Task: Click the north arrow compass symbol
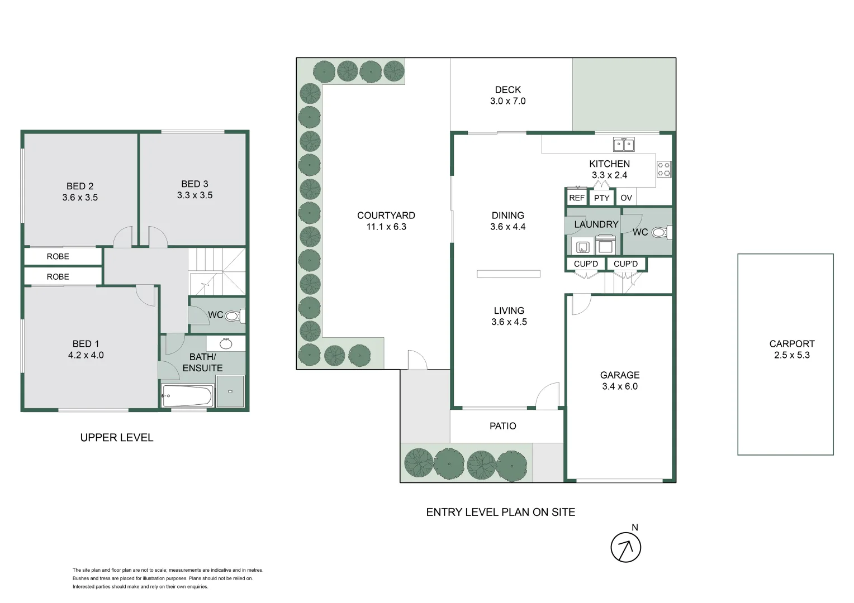click(625, 547)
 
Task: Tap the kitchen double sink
click(624, 145)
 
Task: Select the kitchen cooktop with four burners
click(664, 169)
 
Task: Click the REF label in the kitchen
click(576, 198)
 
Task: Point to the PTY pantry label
click(601, 198)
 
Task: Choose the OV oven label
click(626, 198)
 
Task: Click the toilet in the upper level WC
click(235, 316)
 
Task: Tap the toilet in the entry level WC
click(662, 232)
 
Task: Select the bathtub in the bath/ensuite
click(187, 396)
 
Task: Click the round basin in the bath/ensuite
click(226, 344)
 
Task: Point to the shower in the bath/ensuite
click(230, 391)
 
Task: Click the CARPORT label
click(792, 343)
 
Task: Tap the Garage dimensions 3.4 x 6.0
click(620, 386)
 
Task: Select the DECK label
click(508, 90)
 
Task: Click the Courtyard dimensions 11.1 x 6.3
click(386, 227)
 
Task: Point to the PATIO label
click(503, 426)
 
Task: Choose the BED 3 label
click(194, 184)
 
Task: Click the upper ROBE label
click(58, 256)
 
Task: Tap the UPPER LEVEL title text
click(117, 438)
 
